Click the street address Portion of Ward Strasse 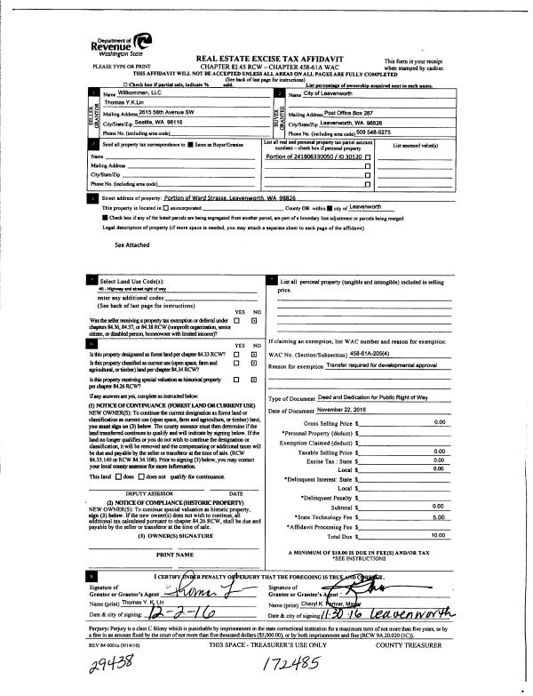coord(204,199)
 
